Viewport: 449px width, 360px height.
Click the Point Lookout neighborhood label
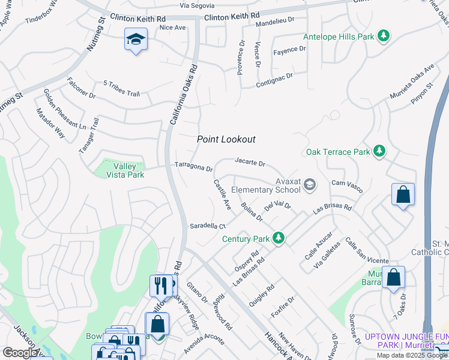pos(226,139)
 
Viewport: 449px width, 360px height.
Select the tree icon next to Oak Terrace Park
pos(379,152)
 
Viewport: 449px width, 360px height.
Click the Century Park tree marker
pos(278,239)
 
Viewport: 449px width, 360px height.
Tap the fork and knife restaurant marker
pos(160,286)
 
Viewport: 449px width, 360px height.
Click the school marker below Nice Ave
pos(136,41)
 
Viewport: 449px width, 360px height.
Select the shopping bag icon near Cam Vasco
pos(403,195)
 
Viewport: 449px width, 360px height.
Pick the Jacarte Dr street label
pos(250,161)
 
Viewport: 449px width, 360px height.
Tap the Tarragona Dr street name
pos(193,166)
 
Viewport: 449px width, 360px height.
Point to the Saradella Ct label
pos(207,226)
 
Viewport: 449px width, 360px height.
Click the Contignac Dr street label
pos(274,77)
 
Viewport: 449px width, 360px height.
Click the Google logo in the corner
pos(20,353)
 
